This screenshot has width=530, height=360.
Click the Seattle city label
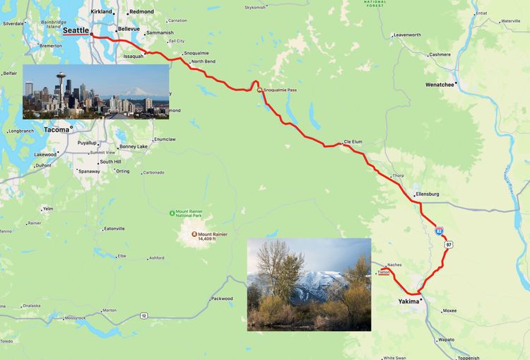tap(76, 30)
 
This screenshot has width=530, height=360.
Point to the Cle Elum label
tap(353, 141)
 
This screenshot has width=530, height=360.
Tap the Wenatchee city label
tap(440, 84)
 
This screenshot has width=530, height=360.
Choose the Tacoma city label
tap(57, 129)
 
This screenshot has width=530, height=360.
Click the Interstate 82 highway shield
tap(440, 231)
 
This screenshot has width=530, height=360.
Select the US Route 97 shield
tap(449, 245)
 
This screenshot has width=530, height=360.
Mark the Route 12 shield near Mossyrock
tap(143, 315)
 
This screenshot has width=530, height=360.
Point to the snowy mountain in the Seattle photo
tap(133, 92)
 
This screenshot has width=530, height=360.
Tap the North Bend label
tap(203, 62)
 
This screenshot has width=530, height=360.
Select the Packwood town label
tap(222, 298)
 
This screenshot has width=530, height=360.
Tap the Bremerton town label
tap(51, 45)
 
